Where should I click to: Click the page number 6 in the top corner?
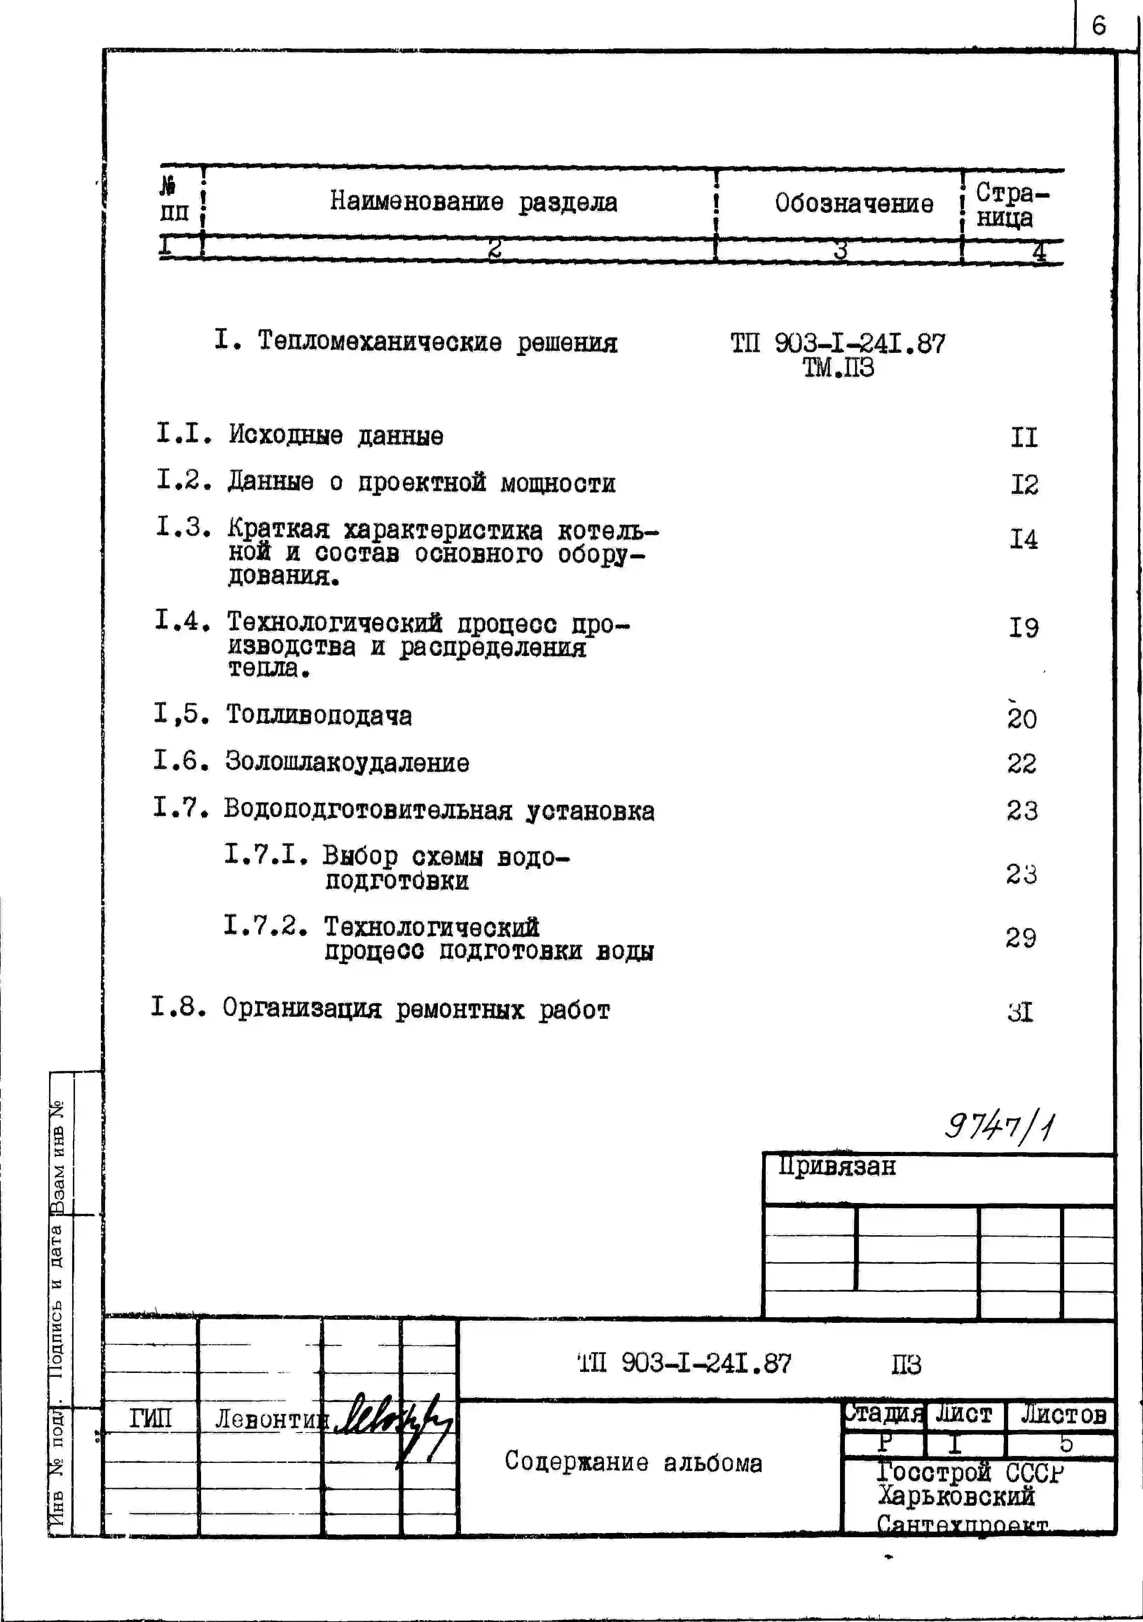pos(1099,26)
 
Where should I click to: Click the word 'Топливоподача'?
pos(319,716)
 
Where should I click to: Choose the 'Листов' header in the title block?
pos(1062,1414)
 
